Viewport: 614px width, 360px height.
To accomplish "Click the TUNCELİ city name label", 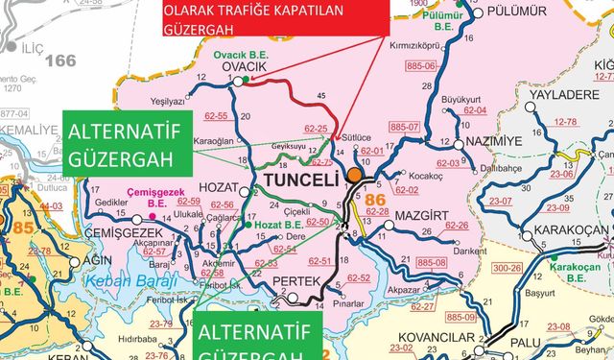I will pyautogui.click(x=297, y=180).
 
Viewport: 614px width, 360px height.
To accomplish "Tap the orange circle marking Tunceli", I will pyautogui.click(x=355, y=176).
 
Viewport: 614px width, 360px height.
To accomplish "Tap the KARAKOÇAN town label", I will pyautogui.click(x=570, y=229).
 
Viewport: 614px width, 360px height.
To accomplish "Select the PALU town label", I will pyautogui.click(x=525, y=342).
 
